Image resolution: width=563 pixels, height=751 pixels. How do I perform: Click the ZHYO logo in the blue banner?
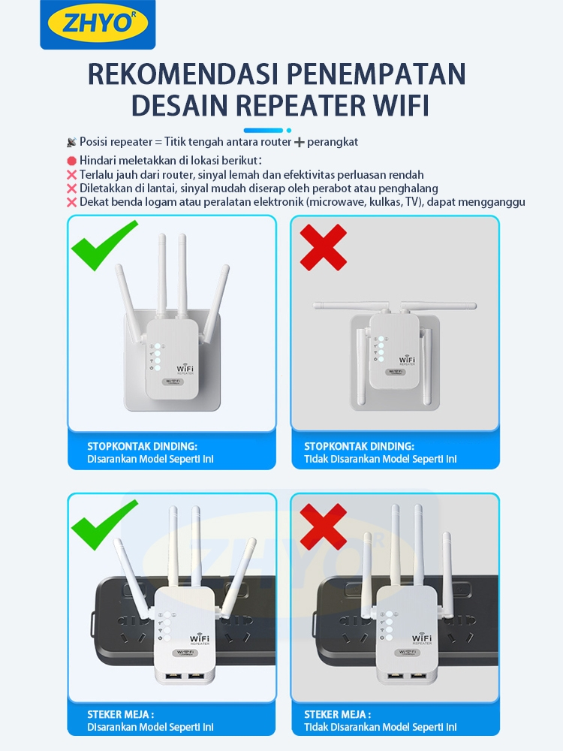click(x=98, y=23)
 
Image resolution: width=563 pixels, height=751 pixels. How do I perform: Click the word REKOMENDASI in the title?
click(x=183, y=74)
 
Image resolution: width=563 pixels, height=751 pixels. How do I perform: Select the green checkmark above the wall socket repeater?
click(x=104, y=245)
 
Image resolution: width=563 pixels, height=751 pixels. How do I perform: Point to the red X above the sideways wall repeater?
click(x=323, y=247)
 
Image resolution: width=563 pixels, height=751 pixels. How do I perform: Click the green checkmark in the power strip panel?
click(x=104, y=524)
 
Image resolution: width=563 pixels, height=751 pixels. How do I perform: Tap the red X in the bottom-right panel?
click(x=323, y=526)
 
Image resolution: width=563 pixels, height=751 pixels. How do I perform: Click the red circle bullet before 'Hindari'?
click(x=72, y=161)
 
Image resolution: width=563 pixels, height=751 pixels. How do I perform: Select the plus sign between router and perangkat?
click(x=300, y=142)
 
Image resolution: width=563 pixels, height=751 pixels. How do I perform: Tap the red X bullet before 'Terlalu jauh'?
click(x=72, y=175)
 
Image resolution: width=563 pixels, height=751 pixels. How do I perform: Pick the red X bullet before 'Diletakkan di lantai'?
click(x=72, y=189)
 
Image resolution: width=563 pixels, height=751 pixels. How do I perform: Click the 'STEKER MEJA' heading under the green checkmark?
click(x=121, y=714)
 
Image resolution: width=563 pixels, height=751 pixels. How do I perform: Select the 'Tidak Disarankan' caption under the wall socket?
click(x=381, y=459)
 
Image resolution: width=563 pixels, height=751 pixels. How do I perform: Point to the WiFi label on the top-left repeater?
click(x=185, y=369)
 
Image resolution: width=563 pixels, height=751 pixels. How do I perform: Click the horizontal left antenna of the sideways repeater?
click(x=351, y=305)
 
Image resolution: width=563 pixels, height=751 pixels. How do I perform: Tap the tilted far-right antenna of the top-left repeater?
click(x=216, y=303)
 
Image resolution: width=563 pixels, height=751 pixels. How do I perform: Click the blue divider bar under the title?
click(x=263, y=130)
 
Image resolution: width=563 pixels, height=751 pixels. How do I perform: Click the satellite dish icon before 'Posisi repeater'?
click(x=72, y=142)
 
